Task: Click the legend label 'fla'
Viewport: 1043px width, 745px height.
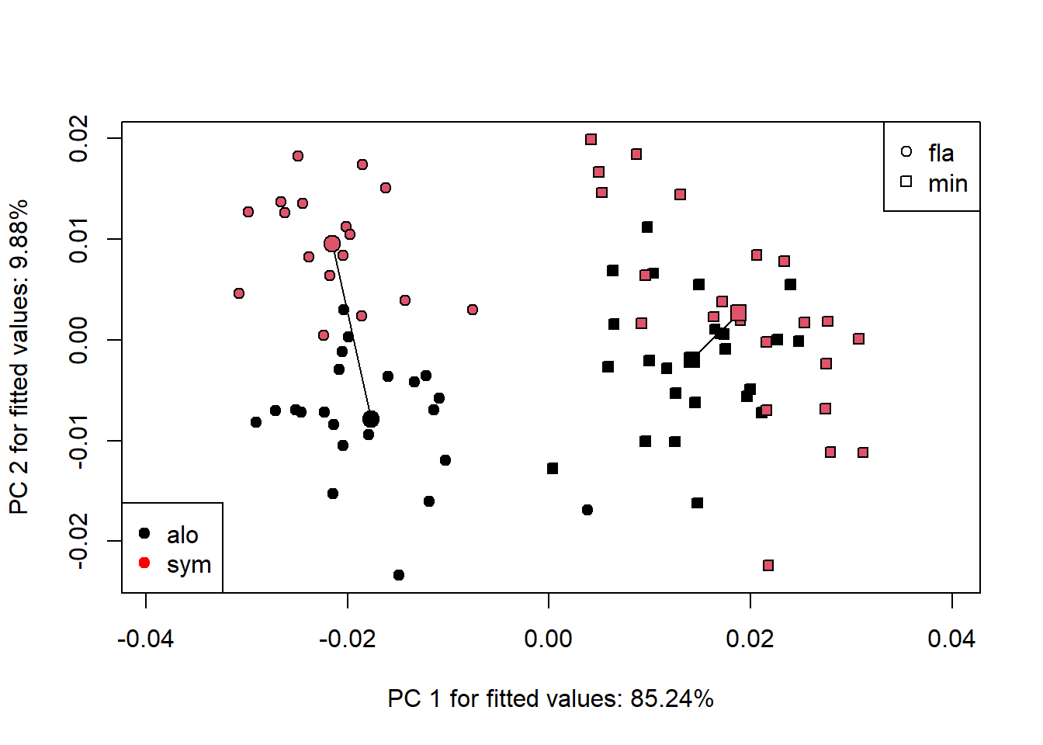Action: point(941,154)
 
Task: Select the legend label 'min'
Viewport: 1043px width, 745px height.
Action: point(948,184)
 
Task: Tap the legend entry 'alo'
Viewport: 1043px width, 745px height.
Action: point(182,535)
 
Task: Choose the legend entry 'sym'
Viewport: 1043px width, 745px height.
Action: point(189,564)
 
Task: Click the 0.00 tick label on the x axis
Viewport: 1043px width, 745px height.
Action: point(549,639)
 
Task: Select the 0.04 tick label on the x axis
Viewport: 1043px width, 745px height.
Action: point(951,639)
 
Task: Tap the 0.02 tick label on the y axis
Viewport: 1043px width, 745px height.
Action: point(78,139)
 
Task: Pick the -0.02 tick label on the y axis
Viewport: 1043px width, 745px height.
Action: point(78,541)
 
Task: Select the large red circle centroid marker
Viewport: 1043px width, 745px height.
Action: point(332,244)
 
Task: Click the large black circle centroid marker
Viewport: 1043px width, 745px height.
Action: point(371,419)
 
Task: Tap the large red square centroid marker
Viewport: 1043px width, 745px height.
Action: point(738,313)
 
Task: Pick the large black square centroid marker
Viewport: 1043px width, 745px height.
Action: point(691,359)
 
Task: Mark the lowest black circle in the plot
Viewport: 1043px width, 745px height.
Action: point(399,575)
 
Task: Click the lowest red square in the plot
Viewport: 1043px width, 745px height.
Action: point(768,566)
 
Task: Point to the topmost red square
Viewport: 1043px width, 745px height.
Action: point(591,140)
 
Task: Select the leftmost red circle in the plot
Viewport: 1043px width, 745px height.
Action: point(239,293)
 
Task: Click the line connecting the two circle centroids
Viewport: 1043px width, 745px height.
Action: point(352,331)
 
